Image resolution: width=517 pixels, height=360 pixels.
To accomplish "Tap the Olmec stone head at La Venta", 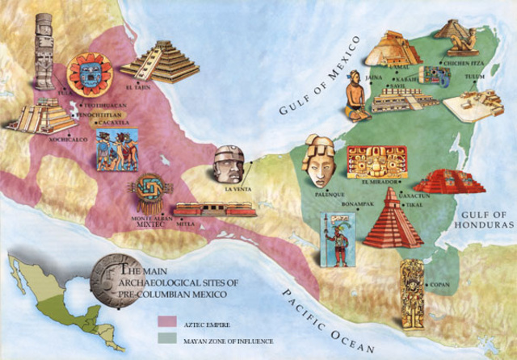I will click(x=228, y=165).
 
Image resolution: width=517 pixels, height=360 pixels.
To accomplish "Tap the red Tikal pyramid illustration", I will click(x=392, y=218).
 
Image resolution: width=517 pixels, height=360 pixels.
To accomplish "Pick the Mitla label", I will click(x=187, y=223).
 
